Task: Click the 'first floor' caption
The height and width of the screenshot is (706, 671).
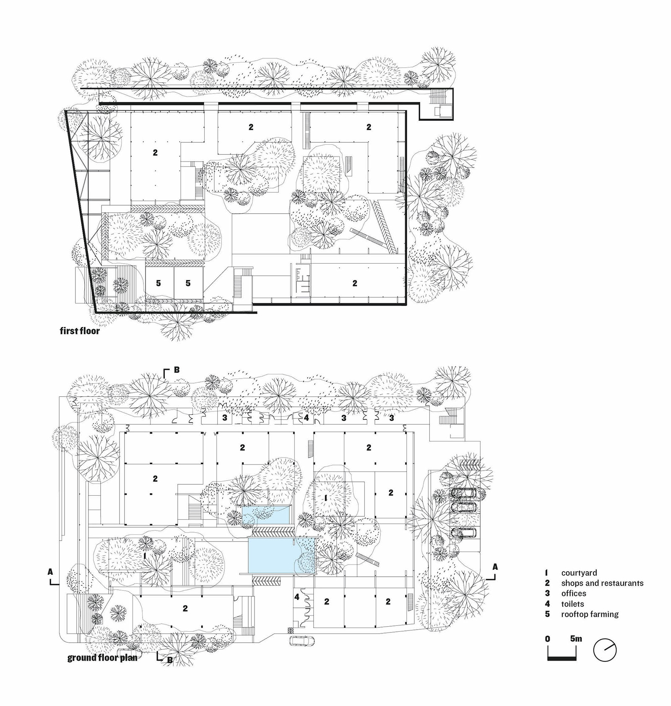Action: (80, 331)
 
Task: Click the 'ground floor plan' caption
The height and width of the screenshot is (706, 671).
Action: (102, 657)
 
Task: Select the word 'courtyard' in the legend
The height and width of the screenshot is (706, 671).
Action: (579, 573)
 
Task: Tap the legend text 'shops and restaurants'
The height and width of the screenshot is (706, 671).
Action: (602, 583)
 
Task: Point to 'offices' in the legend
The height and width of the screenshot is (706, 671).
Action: (573, 593)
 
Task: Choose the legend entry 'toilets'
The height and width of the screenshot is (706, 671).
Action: (572, 604)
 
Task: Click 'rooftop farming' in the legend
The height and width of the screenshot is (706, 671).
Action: (590, 614)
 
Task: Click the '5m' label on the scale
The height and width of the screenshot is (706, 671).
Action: (576, 638)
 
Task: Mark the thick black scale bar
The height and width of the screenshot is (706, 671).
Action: (562, 659)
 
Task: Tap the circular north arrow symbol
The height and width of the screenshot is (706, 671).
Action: (605, 651)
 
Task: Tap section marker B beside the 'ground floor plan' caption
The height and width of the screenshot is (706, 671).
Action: (168, 659)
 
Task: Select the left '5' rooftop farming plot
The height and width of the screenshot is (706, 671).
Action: (159, 283)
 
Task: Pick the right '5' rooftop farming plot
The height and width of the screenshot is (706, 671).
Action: (188, 283)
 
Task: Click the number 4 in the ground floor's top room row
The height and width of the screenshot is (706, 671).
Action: (307, 418)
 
